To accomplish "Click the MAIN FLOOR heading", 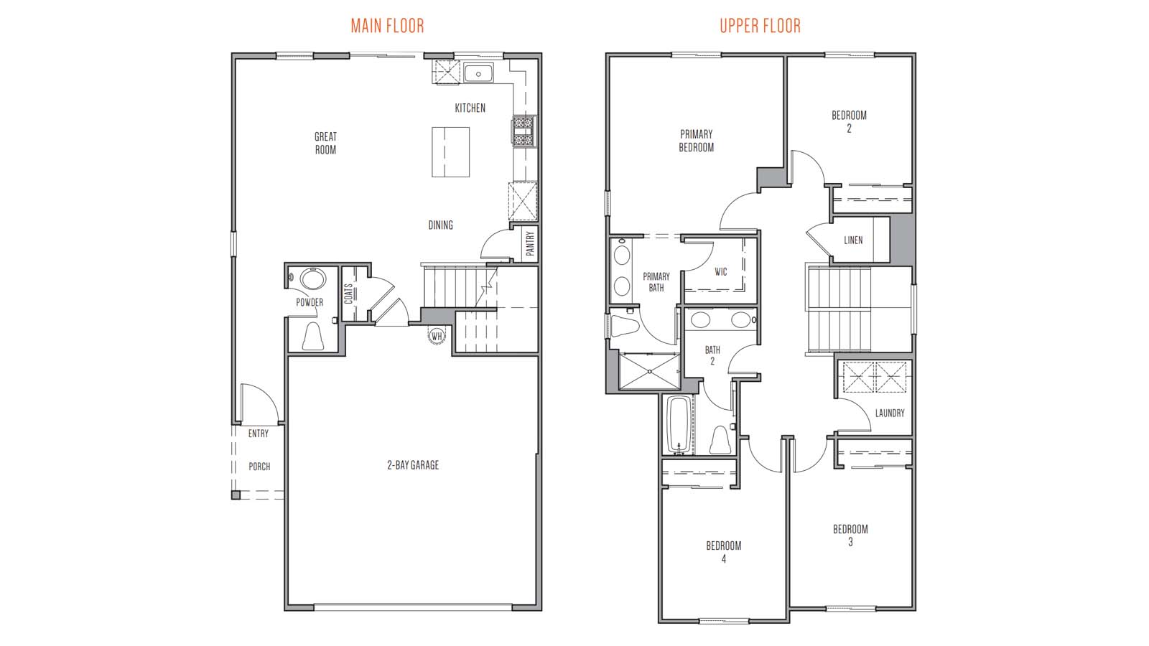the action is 387,26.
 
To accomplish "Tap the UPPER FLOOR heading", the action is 760,26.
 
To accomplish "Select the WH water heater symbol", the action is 437,337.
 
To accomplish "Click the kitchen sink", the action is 478,73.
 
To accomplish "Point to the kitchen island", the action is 450,152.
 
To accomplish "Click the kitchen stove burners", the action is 524,131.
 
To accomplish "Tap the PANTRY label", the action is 531,243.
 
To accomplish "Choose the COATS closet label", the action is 348,294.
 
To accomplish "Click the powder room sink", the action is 312,279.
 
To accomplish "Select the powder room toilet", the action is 312,336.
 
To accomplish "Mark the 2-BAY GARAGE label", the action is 413,465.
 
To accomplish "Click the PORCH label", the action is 259,467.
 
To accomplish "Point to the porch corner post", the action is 236,495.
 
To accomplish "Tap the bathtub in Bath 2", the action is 679,424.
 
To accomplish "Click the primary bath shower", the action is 649,370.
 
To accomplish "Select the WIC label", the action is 721,272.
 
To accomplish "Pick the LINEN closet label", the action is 853,240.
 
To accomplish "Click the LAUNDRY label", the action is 890,413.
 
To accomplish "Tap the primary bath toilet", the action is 624,325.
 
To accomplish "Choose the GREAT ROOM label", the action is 326,143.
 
